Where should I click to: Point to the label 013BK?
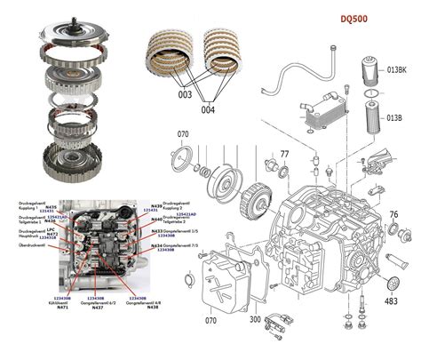(x=398, y=68)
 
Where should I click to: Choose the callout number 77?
(x=285, y=155)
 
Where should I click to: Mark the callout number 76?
(x=393, y=214)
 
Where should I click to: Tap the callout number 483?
(x=391, y=301)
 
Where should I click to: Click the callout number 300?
(x=254, y=318)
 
